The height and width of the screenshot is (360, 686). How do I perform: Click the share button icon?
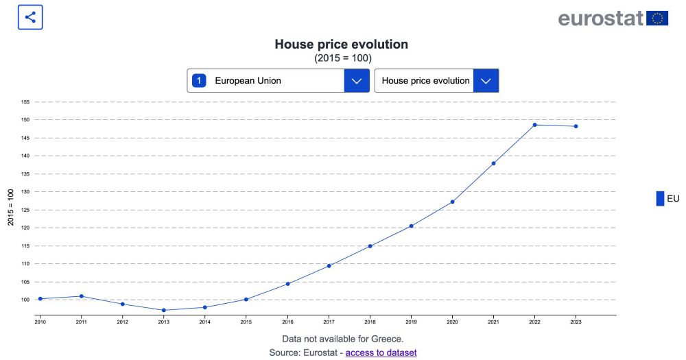pyautogui.click(x=30, y=17)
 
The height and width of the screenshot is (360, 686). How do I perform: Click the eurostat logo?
pyautogui.click(x=613, y=18)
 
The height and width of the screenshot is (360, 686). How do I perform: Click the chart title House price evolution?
pyautogui.click(x=341, y=45)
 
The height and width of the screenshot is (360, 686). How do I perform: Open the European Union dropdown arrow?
pyautogui.click(x=357, y=80)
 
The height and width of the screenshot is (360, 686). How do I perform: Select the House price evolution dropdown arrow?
pyautogui.click(x=486, y=80)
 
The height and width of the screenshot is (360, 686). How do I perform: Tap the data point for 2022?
pyautogui.click(x=534, y=125)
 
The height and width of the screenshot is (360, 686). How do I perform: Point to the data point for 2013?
pyautogui.click(x=163, y=310)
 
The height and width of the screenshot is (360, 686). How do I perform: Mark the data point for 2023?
pyautogui.click(x=576, y=126)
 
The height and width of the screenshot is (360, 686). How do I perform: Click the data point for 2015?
pyautogui.click(x=246, y=299)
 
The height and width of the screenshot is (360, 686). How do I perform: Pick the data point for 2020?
pyautogui.click(x=452, y=202)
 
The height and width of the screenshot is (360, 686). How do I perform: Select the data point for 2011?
pyautogui.click(x=81, y=296)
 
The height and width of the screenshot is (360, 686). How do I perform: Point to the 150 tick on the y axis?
pyautogui.click(x=25, y=120)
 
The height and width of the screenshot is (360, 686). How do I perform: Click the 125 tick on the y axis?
pyautogui.click(x=25, y=210)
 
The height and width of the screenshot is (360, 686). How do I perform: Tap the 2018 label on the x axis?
pyautogui.click(x=370, y=321)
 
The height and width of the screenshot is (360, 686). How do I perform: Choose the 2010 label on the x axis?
pyautogui.click(x=40, y=321)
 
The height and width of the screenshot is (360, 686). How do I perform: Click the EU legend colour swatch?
pyautogui.click(x=660, y=198)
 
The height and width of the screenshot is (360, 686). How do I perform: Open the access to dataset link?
pyautogui.click(x=381, y=352)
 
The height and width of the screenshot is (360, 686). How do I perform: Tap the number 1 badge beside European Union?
pyautogui.click(x=199, y=80)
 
